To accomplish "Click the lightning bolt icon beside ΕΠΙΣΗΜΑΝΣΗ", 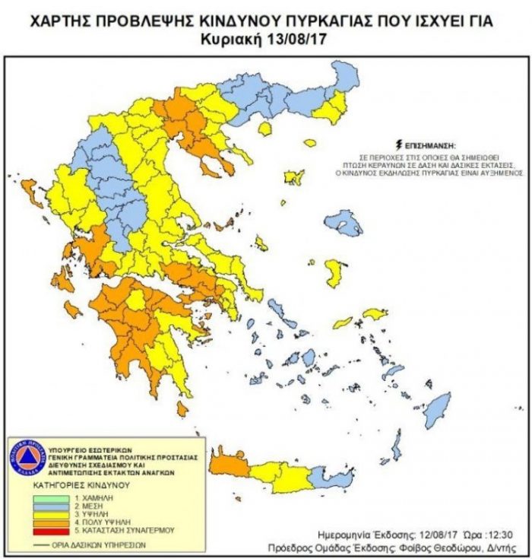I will (x=397, y=143).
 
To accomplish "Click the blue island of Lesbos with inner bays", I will (x=344, y=223).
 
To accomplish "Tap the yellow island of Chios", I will (x=334, y=273).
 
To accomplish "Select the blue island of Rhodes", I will (x=437, y=410).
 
